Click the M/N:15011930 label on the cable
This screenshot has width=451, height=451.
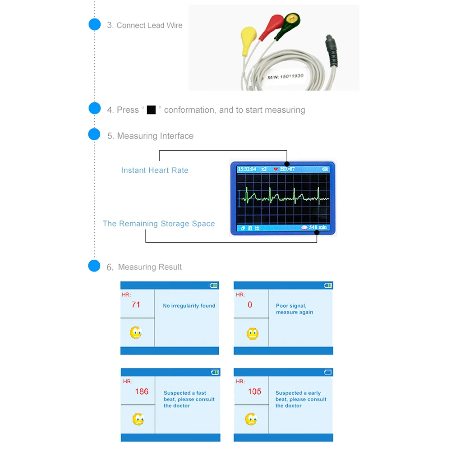285,77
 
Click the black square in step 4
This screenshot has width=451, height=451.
151,110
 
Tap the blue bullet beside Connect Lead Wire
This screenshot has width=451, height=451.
95,24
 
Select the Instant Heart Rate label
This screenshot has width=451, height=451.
155,170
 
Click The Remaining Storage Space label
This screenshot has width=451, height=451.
159,224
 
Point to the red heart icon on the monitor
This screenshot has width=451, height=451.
276,169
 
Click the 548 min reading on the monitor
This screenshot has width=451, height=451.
318,227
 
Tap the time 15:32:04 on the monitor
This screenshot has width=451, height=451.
247,169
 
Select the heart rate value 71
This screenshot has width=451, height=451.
136,304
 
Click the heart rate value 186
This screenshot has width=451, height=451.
142,391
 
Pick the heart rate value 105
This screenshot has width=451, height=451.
254,391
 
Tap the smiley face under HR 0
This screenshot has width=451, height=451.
253,334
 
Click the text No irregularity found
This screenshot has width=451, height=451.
189,306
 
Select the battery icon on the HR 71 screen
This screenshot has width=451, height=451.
213,285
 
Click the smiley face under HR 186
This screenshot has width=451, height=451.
138,419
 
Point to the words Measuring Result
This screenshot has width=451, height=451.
150,267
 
